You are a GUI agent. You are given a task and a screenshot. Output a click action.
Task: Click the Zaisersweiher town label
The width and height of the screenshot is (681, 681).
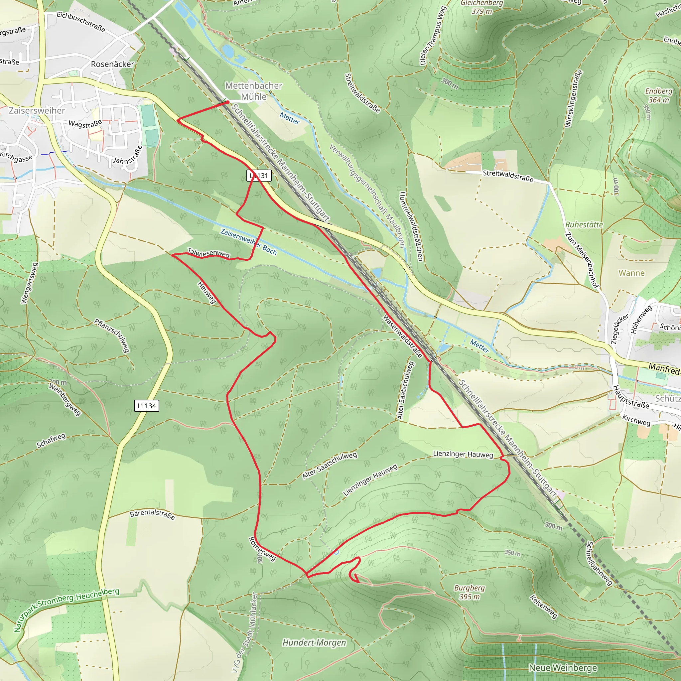(x=37, y=111)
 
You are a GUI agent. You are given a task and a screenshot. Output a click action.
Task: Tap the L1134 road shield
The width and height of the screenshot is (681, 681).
(x=147, y=406)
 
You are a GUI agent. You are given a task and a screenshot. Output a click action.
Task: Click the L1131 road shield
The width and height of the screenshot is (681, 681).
(x=259, y=176)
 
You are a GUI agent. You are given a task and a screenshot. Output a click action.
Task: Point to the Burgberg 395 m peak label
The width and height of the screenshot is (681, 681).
(x=469, y=592)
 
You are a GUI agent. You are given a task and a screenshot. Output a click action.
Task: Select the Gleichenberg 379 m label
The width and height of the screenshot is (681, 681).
(x=481, y=7)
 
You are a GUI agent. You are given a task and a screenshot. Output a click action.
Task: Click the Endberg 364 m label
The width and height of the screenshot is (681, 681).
(x=658, y=95)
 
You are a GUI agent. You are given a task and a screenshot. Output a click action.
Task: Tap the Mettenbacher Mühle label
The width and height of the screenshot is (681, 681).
(x=253, y=91)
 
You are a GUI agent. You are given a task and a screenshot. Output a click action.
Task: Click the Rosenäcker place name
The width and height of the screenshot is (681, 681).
(x=112, y=64)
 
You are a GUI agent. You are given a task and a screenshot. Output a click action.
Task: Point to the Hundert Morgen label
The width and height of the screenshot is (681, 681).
(x=314, y=642)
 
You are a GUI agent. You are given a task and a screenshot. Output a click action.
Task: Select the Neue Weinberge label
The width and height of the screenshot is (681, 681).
(x=563, y=668)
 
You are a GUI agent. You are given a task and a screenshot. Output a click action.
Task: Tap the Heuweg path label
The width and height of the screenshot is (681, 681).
(x=207, y=292)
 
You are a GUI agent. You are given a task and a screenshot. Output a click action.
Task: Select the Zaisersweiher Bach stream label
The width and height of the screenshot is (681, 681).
(x=248, y=242)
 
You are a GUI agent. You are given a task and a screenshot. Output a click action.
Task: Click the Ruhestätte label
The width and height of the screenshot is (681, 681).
(x=584, y=224)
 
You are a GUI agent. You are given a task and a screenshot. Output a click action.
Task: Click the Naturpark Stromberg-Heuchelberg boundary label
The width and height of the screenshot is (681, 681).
(x=67, y=610)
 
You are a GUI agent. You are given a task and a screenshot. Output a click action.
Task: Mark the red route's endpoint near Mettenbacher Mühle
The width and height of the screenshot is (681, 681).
(x=228, y=102)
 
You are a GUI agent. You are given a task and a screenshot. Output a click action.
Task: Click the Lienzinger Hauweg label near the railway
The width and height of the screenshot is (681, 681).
(x=463, y=454)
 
